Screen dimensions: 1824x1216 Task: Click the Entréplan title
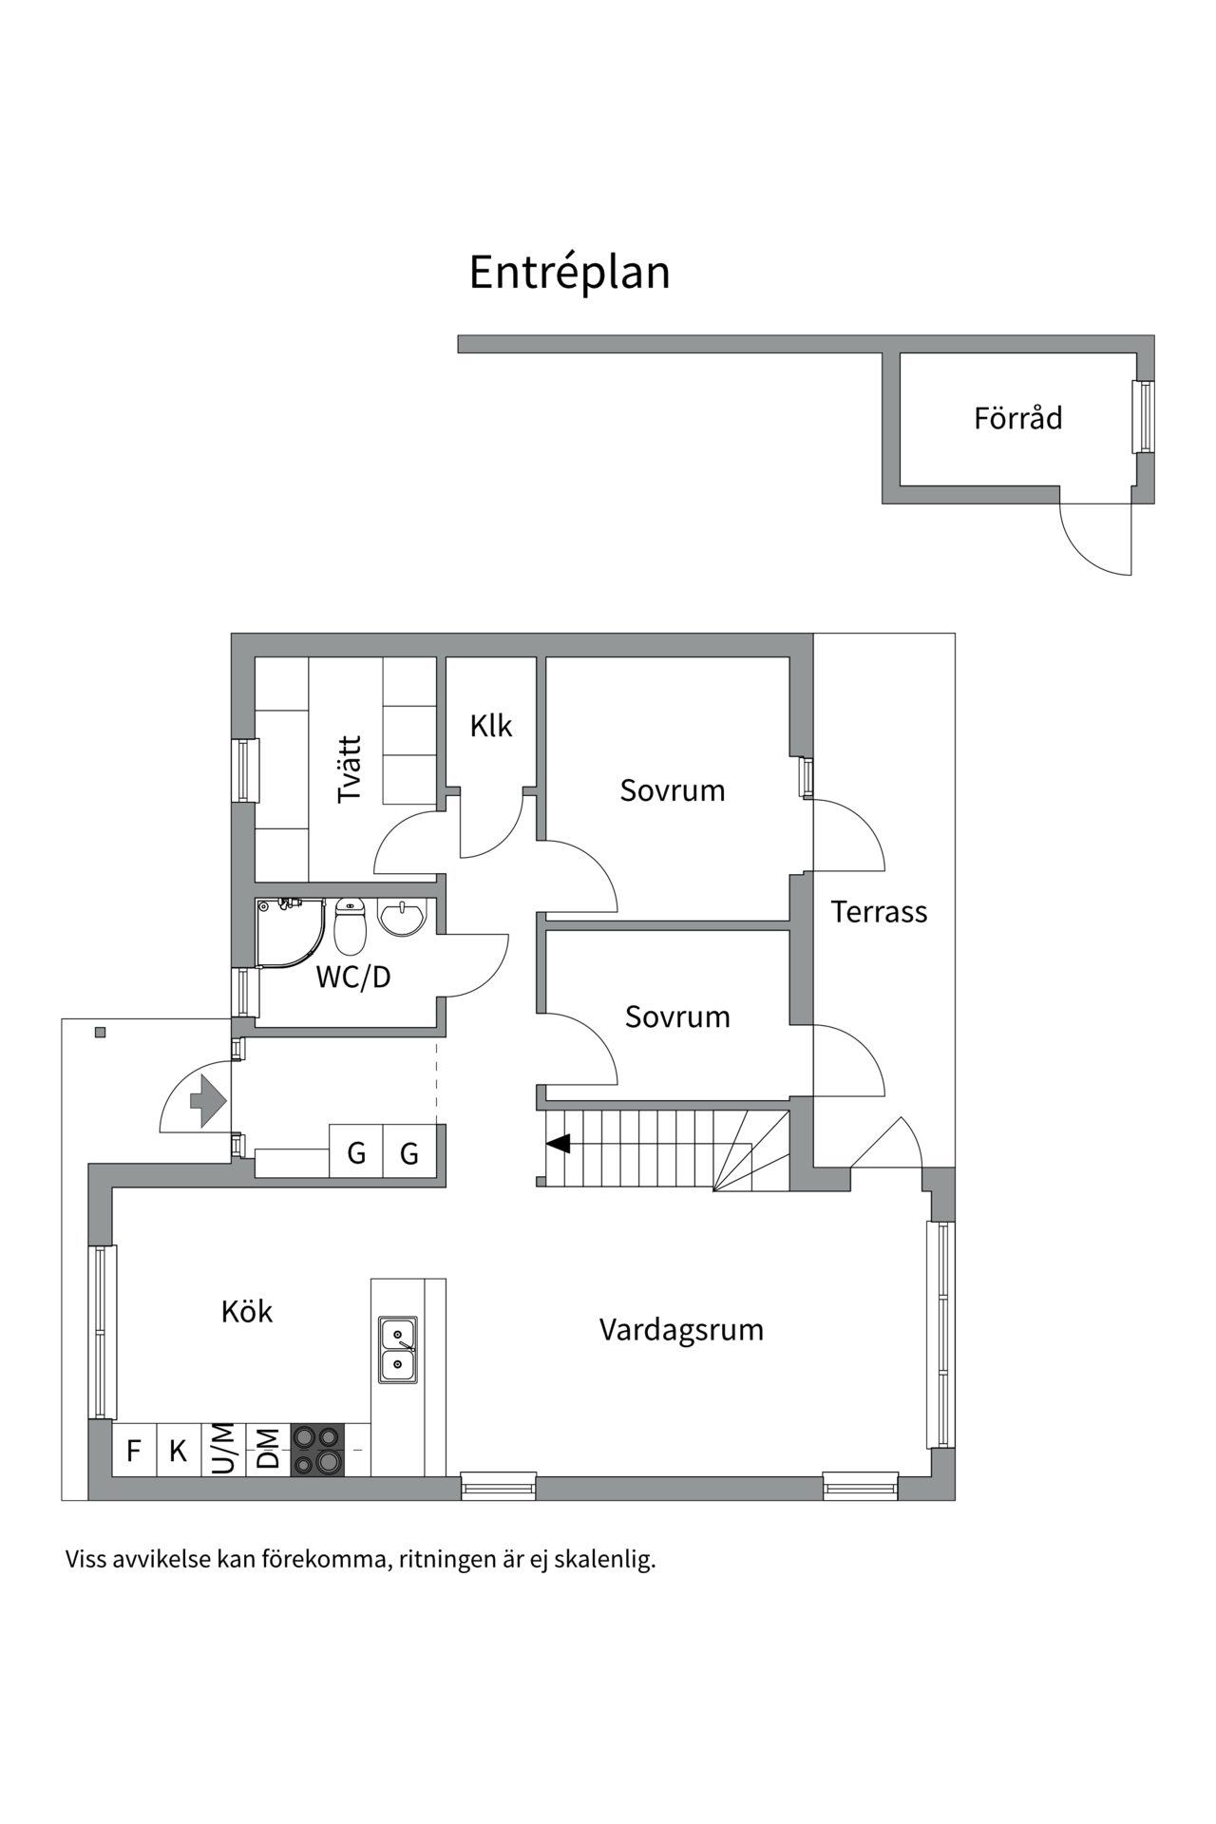pyautogui.click(x=569, y=273)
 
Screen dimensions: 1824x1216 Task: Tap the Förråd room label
pyautogui.click(x=1017, y=418)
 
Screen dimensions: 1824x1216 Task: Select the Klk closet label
pyautogui.click(x=490, y=726)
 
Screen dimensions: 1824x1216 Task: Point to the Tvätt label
pyautogui.click(x=350, y=769)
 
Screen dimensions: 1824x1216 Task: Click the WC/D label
pyautogui.click(x=353, y=977)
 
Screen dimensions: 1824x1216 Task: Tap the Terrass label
pyautogui.click(x=879, y=912)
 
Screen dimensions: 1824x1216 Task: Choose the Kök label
pyautogui.click(x=247, y=1312)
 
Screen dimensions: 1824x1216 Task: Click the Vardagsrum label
pyautogui.click(x=681, y=1329)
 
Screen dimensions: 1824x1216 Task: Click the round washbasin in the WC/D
pyautogui.click(x=403, y=917)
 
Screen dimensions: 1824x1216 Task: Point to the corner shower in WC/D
pyautogui.click(x=288, y=931)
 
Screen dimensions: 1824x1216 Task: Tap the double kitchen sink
pyautogui.click(x=398, y=1349)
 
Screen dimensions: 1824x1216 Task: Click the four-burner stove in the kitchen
pyautogui.click(x=317, y=1450)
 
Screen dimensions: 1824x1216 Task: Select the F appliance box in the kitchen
pyautogui.click(x=134, y=1451)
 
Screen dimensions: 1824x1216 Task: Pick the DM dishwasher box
pyautogui.click(x=269, y=1450)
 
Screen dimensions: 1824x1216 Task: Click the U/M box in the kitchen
pyautogui.click(x=223, y=1450)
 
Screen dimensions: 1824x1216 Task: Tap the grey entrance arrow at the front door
pyautogui.click(x=208, y=1101)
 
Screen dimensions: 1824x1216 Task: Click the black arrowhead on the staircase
pyautogui.click(x=559, y=1143)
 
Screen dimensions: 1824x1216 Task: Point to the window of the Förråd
pyautogui.click(x=1144, y=417)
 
